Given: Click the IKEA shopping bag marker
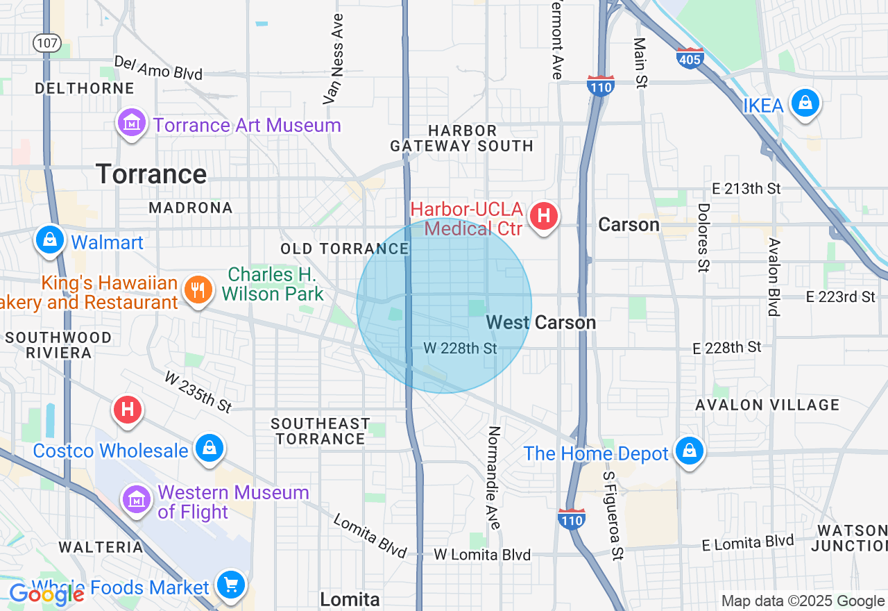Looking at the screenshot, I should click(805, 103).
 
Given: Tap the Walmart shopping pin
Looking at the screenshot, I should click(49, 240).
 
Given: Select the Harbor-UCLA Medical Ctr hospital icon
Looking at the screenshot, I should click(544, 216).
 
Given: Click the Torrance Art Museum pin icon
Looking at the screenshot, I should click(131, 123).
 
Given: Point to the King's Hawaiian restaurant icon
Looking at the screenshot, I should click(198, 290).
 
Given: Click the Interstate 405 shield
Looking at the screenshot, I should click(690, 58).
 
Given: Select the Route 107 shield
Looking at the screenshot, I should click(46, 42).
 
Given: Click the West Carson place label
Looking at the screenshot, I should click(541, 322).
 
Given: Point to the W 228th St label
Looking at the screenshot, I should click(460, 348).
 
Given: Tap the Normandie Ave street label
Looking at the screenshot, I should click(494, 477).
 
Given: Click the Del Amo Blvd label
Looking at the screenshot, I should click(158, 68).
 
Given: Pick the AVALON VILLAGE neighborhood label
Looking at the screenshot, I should click(758, 405).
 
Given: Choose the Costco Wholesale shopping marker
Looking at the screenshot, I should click(209, 448).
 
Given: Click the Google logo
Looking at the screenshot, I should click(46, 594).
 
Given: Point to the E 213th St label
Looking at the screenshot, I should click(746, 189).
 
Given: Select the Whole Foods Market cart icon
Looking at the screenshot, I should click(230, 585).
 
